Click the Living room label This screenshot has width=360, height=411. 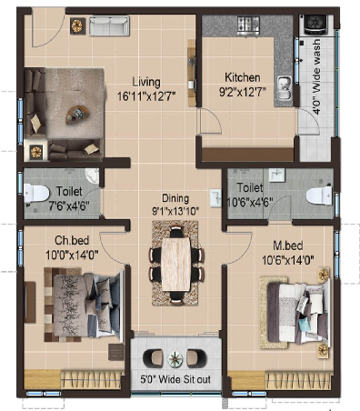(146, 82)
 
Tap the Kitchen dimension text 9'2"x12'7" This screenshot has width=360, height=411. (243, 92)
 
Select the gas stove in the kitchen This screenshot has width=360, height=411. (248, 25)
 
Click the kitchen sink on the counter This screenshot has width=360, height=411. (285, 87)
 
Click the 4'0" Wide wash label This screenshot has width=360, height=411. (316, 76)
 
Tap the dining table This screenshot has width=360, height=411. (176, 264)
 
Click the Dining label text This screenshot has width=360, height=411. (175, 198)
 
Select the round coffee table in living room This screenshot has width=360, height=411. (77, 115)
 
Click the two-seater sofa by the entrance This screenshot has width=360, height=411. (109, 26)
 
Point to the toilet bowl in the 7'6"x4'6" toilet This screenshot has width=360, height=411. (36, 194)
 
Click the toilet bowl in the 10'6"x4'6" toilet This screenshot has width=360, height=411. (319, 195)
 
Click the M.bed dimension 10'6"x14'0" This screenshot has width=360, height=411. (288, 260)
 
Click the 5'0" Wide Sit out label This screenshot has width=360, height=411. (175, 379)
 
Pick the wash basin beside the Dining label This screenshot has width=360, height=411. (215, 198)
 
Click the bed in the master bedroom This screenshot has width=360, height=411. (298, 311)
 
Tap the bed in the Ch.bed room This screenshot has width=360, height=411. (88, 306)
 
